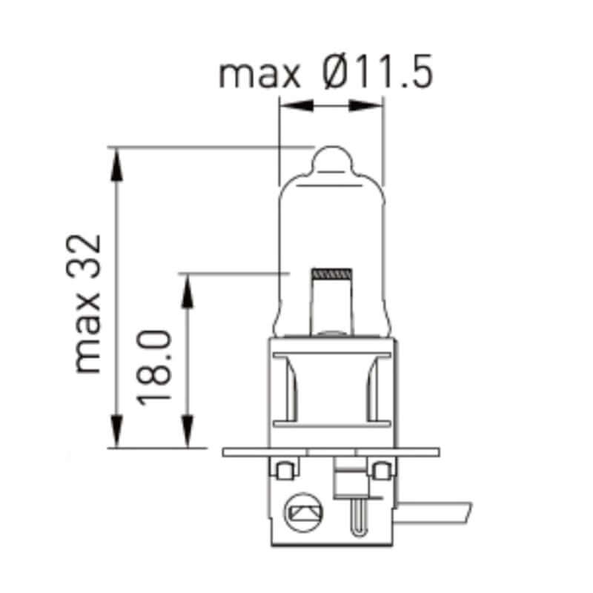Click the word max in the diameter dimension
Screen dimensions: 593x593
point(259,74)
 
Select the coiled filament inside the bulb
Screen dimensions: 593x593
point(331,274)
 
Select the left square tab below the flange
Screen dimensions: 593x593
point(282,470)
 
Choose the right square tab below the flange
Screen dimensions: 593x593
point(381,470)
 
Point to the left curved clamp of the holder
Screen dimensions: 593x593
point(289,389)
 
